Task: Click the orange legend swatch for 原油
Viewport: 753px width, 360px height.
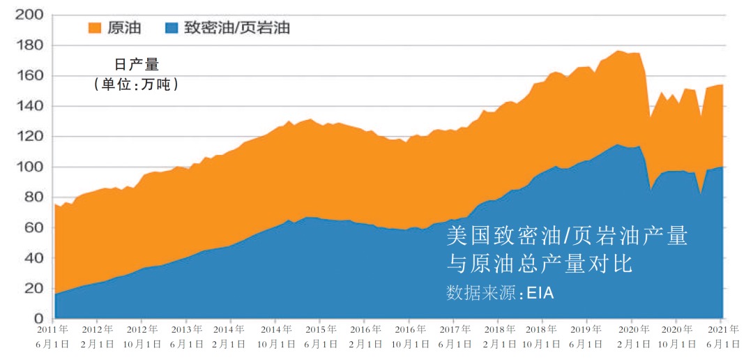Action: click(x=94, y=28)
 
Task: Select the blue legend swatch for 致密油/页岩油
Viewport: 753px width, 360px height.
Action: click(x=172, y=28)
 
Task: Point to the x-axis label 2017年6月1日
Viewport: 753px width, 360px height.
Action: click(x=452, y=336)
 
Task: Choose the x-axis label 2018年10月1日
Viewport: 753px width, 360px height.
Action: click(x=542, y=336)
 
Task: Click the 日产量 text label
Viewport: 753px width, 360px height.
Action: click(x=137, y=66)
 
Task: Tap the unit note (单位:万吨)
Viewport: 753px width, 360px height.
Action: click(x=137, y=84)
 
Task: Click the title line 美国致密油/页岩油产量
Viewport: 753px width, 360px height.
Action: click(x=566, y=237)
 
